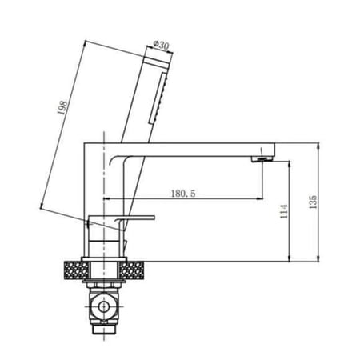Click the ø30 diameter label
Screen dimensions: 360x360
tap(162, 46)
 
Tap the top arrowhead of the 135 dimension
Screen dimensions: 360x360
tap(320, 145)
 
